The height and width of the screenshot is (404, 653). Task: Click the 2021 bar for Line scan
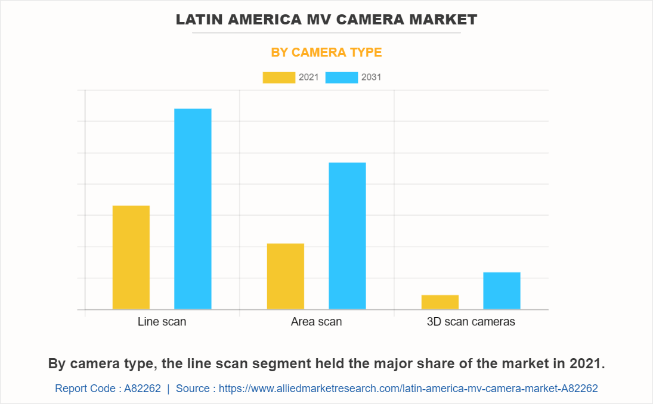pos(131,257)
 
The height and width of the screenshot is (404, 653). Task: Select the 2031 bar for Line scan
pos(193,209)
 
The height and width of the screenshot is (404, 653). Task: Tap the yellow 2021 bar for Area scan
pos(286,276)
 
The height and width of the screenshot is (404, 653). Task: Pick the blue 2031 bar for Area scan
pos(347,235)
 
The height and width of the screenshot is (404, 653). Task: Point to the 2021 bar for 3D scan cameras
pos(440,302)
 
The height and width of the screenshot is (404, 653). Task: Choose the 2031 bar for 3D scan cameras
pos(502,291)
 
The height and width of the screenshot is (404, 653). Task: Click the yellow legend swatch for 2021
pos(278,77)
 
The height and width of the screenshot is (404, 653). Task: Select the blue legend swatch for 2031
pos(342,77)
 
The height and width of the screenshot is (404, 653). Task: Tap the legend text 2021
pos(308,77)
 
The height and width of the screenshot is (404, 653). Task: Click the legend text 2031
pos(372,77)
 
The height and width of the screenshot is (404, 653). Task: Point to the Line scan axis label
pos(162,322)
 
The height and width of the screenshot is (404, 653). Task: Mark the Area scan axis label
pos(316,322)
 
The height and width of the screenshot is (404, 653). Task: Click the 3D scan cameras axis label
pos(471,322)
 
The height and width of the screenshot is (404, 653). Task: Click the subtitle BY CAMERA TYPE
pos(326,52)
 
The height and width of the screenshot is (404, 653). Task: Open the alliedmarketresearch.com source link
pos(408,389)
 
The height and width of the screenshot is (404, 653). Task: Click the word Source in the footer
pos(193,389)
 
